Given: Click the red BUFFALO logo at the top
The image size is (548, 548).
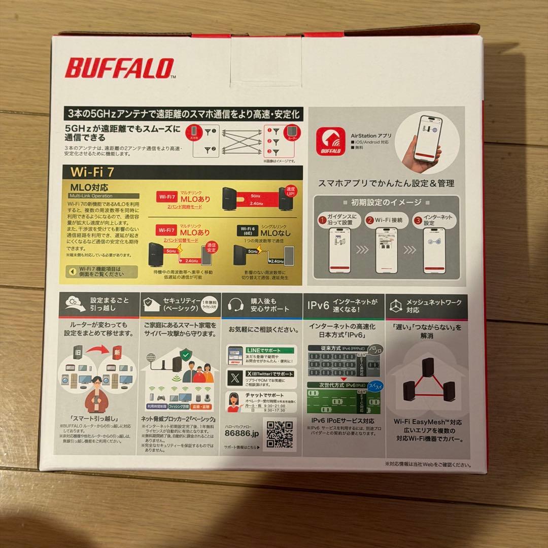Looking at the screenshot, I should [x=119, y=68].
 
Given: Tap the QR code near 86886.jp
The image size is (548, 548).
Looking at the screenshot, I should [x=280, y=434].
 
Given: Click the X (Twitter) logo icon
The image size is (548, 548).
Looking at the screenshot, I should [x=234, y=377].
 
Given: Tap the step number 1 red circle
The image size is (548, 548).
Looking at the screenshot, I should [x=322, y=220].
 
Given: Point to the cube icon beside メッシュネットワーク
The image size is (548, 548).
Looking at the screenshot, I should [x=396, y=305].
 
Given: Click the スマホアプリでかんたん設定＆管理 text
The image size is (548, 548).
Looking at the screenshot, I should [x=386, y=183].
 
